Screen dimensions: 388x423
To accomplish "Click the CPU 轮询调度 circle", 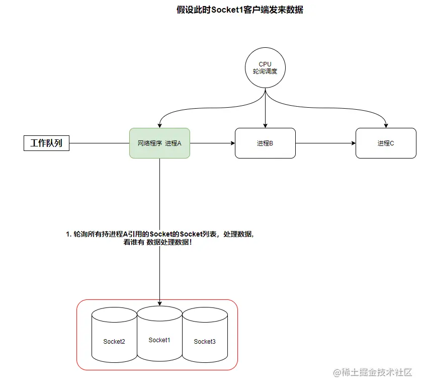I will pos(265,67).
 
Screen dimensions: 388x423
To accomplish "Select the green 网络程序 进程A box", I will pos(159,143).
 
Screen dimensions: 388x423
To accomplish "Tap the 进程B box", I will pos(265,143).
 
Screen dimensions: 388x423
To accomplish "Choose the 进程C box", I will pos(386,143).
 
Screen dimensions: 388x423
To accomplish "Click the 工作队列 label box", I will pos(46,143).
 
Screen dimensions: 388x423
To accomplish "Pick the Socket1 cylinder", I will pos(159,340).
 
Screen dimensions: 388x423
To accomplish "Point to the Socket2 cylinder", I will pos(114,342).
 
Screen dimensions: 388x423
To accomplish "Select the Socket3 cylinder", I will pos(205,342).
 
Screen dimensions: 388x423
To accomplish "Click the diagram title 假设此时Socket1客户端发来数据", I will pos(240,10).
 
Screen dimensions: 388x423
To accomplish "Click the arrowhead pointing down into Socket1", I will pos(159,303).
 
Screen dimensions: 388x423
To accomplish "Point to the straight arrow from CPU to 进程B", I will pos(265,106).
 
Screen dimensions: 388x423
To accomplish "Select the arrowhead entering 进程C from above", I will pos(386,125).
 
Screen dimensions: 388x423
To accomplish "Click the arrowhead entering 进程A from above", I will pos(159,125).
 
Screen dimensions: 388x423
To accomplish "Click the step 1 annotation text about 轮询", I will pos(159,234).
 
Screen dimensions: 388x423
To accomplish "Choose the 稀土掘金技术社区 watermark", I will pos(373,372).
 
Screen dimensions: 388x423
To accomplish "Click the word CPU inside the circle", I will pos(265,64).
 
